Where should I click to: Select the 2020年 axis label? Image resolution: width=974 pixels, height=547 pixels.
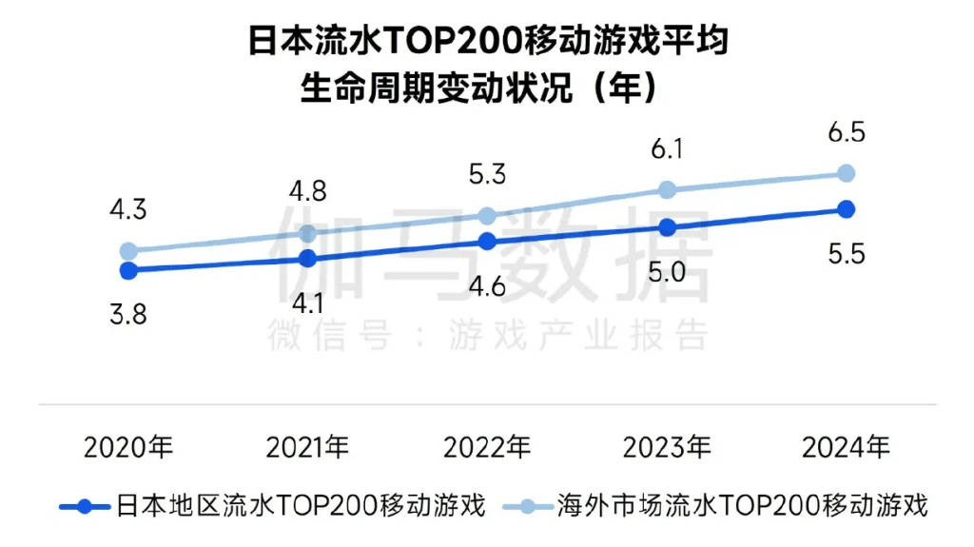point(127,447)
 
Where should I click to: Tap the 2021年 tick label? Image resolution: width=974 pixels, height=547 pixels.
point(307,447)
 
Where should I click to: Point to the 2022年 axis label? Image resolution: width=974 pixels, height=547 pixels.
point(487,447)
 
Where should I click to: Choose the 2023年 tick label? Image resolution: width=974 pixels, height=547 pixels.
point(667,447)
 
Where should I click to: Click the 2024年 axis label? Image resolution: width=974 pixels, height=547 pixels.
point(847,447)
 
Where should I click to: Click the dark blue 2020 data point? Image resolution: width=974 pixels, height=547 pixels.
point(127,270)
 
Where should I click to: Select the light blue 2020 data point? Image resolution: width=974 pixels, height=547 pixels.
point(127,251)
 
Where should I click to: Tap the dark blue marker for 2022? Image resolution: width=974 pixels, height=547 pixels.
point(487,242)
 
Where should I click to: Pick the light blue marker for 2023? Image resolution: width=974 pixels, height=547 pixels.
point(667,189)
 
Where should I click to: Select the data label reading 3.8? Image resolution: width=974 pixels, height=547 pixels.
point(127,315)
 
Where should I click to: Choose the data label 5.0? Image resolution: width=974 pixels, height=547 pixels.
point(667,273)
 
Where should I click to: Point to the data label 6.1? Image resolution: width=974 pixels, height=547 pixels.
point(667,149)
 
